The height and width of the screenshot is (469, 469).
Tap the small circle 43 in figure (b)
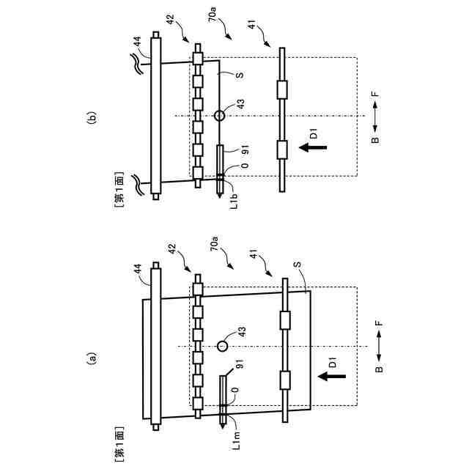[x=218, y=115]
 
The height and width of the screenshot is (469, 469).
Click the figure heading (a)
[x=91, y=359]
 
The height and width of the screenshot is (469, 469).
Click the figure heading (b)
[x=91, y=117]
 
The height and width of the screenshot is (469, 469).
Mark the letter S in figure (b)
[x=239, y=75]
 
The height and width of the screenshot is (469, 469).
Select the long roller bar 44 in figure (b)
[x=155, y=115]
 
